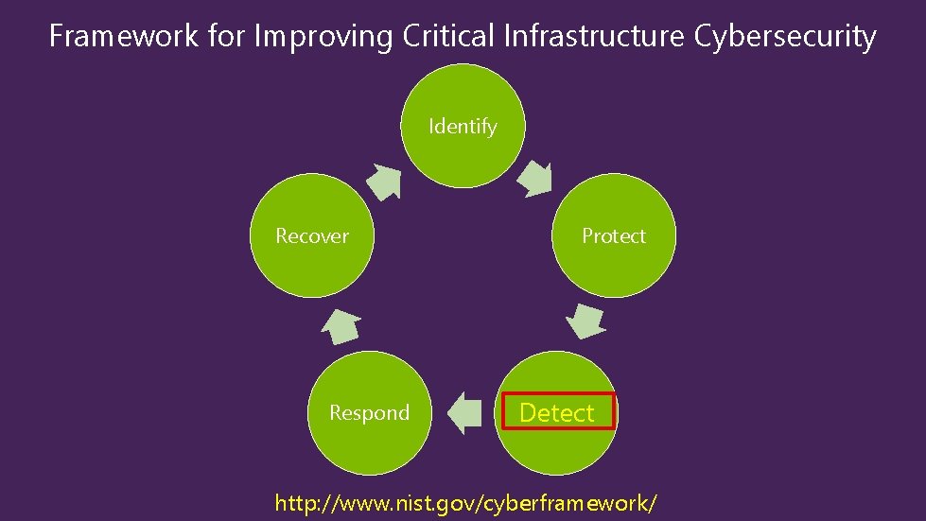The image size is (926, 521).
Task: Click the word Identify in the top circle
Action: tap(463, 126)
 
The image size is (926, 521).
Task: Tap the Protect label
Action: tap(614, 235)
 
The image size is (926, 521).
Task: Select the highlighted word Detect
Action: tap(557, 413)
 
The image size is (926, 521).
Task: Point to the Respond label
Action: tap(369, 413)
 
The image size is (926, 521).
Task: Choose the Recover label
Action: tap(312, 235)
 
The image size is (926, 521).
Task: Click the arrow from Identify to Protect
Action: tap(535, 178)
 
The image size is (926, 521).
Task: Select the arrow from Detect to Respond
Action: tap(463, 413)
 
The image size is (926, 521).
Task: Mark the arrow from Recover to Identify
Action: tap(384, 181)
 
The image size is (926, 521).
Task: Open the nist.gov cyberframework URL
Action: tap(465, 502)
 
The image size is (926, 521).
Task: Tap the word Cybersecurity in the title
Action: tap(785, 37)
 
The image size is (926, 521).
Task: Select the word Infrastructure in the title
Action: tap(595, 37)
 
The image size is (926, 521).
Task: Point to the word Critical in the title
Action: tap(448, 37)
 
